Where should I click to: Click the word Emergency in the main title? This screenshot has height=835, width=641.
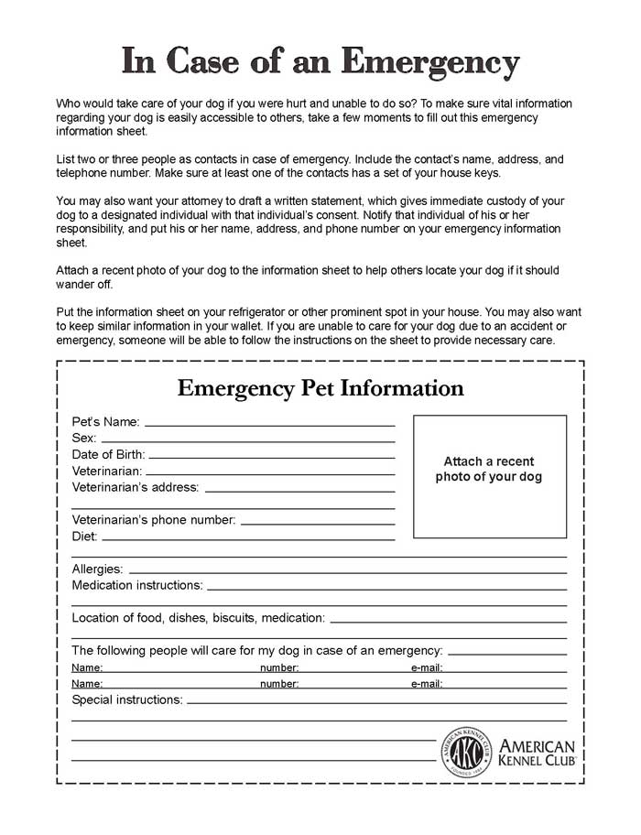429,62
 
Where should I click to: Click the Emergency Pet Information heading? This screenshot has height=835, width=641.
320,388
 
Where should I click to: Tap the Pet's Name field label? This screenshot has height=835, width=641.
105,422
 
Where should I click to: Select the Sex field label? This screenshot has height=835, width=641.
84,439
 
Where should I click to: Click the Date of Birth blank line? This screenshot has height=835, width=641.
271,457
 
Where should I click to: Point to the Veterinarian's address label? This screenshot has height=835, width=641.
135,487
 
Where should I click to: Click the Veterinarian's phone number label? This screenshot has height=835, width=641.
154,520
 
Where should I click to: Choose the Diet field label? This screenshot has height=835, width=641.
84,537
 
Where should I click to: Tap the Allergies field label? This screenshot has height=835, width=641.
97,569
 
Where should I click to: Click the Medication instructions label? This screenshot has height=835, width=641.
137,585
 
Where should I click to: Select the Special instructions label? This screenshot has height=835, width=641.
126,700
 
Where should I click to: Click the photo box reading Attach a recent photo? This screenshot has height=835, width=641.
489,476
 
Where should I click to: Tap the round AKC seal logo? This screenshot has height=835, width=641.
467,753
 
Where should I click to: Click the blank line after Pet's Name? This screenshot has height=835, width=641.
269,426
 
